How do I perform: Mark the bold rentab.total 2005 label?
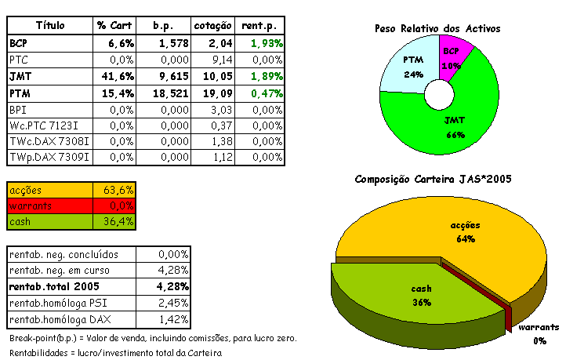click(56, 287)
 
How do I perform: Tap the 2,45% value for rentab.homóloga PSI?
click(172, 304)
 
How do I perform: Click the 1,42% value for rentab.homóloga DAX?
click(172, 320)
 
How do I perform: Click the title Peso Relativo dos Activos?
click(437, 29)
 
